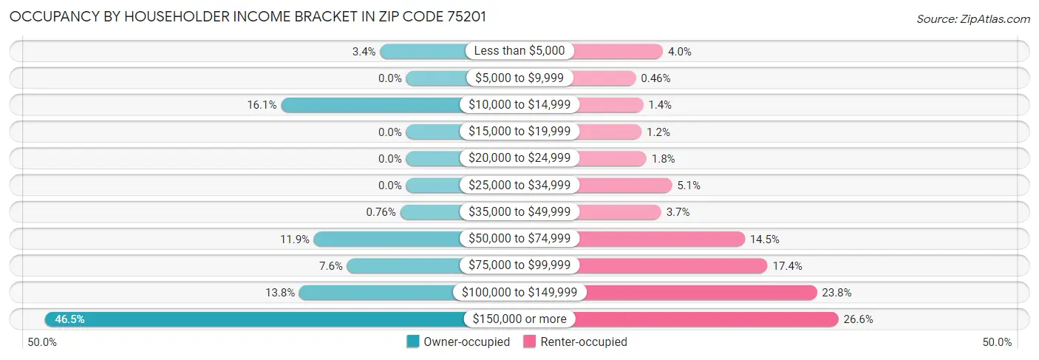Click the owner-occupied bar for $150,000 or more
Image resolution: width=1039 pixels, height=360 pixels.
pos(255,319)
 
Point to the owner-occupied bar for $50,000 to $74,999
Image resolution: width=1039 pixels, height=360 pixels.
pos(388,239)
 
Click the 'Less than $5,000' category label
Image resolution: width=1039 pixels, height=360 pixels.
pos(519,51)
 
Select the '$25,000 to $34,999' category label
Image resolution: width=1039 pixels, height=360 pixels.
pos(519,185)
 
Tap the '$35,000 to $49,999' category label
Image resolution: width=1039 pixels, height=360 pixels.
pos(519,212)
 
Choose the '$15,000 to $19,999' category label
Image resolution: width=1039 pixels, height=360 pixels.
pos(519,132)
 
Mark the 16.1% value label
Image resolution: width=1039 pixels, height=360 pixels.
pos(262,105)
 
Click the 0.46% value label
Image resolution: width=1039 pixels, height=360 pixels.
pos(655,78)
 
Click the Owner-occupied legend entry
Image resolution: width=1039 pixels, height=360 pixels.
pos(458,342)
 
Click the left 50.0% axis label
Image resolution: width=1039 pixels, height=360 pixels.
pos(42,342)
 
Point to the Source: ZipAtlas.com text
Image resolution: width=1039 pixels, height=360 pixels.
pos(972,18)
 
